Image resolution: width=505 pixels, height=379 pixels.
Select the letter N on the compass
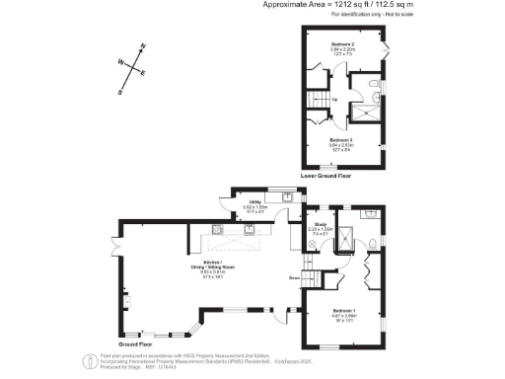[143, 46]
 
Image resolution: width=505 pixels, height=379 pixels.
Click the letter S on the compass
[120, 93]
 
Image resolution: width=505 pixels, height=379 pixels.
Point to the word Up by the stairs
[334, 99]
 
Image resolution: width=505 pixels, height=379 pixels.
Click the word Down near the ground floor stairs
[294, 279]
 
